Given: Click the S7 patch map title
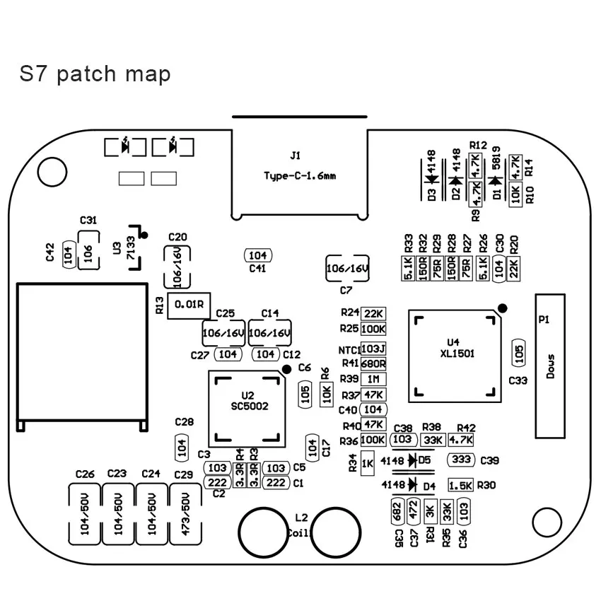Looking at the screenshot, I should click(x=95, y=74).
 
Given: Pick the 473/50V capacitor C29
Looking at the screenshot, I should click(x=187, y=515).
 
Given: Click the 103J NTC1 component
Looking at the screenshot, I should click(x=373, y=349).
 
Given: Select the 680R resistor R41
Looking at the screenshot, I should click(x=373, y=363).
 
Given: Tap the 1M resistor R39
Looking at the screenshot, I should click(x=373, y=379).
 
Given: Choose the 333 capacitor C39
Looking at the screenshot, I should click(x=462, y=460).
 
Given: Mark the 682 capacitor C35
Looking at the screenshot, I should click(x=397, y=510).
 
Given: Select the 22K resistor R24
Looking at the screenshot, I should click(x=373, y=313).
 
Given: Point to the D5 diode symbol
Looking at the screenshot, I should click(x=412, y=460).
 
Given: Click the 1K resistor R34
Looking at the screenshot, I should click(x=367, y=465).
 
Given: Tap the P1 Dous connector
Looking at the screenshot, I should click(x=551, y=367).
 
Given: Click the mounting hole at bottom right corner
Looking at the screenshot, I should click(x=545, y=523).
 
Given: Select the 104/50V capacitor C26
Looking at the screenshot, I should click(x=84, y=515).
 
